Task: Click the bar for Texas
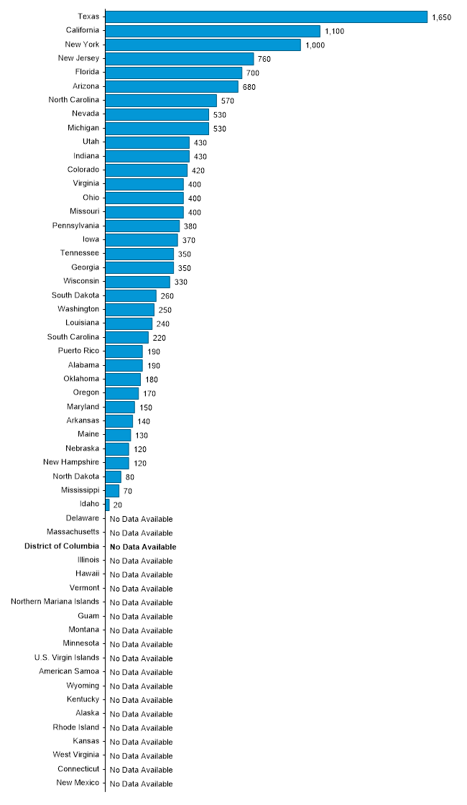[x=266, y=17]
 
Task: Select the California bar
[x=213, y=31]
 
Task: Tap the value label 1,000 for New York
[x=315, y=45]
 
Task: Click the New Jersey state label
[x=78, y=58]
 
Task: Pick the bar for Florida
[x=174, y=73]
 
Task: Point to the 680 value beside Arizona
[x=249, y=87]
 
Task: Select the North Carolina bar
[x=161, y=101]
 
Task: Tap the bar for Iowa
[x=142, y=239]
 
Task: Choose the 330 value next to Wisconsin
[x=180, y=282]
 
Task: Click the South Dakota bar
[x=131, y=295]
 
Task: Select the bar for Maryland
[x=120, y=407]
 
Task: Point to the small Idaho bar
[x=108, y=505]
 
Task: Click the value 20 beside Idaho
[x=118, y=505]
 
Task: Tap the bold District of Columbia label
[x=62, y=546]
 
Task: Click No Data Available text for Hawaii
[x=142, y=575]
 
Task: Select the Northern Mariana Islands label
[x=55, y=602]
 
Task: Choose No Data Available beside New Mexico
[x=142, y=783]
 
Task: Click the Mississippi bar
[x=113, y=490]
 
